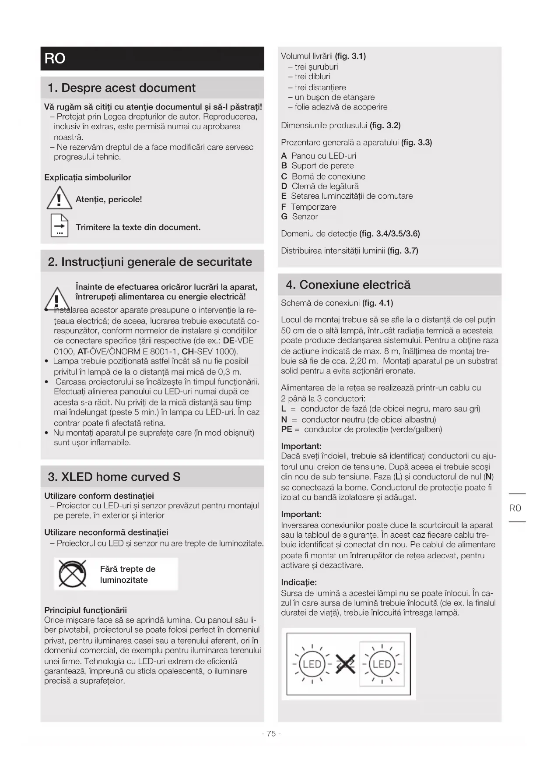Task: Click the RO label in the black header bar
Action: pyautogui.click(x=55, y=58)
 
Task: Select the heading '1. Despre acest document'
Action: pyautogui.click(x=122, y=88)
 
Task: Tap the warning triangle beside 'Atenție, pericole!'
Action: pyautogui.click(x=59, y=199)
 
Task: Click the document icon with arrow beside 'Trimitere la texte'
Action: pyautogui.click(x=59, y=226)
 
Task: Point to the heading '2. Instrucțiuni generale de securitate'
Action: pyautogui.click(x=150, y=262)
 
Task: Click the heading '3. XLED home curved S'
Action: pyautogui.click(x=114, y=477)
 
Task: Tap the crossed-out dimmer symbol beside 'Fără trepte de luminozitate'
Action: pyautogui.click(x=73, y=574)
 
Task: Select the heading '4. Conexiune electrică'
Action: pyautogui.click(x=348, y=285)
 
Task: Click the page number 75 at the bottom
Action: pyautogui.click(x=271, y=733)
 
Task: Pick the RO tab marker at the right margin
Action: pyautogui.click(x=515, y=508)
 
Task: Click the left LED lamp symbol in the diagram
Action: pyautogui.click(x=312, y=664)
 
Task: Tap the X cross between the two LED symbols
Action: pyautogui.click(x=346, y=664)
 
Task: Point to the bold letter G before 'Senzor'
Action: pyautogui.click(x=284, y=217)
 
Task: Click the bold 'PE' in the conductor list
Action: pyautogui.click(x=287, y=430)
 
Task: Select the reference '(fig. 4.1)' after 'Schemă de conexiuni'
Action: pyautogui.click(x=378, y=303)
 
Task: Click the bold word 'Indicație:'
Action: pyautogui.click(x=299, y=582)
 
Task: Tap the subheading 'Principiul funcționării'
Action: pyautogui.click(x=85, y=610)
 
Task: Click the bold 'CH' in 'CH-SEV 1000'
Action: pyautogui.click(x=188, y=351)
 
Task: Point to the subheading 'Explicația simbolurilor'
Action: pyautogui.click(x=88, y=177)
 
